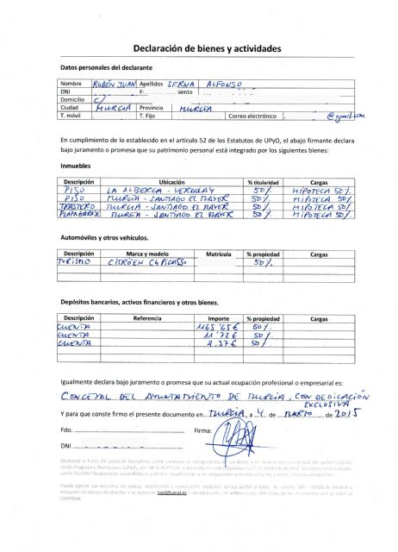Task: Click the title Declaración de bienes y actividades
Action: click(198, 49)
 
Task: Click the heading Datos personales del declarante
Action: click(106, 67)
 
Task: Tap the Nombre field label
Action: click(71, 84)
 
